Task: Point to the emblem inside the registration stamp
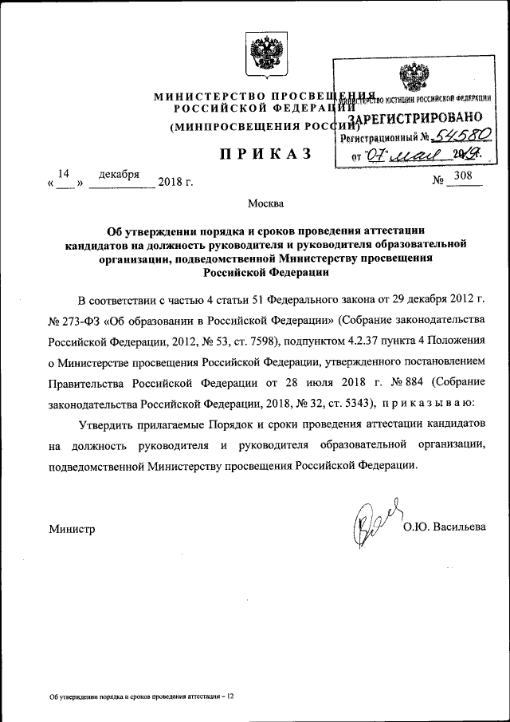(414, 80)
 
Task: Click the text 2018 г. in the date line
(176, 183)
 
